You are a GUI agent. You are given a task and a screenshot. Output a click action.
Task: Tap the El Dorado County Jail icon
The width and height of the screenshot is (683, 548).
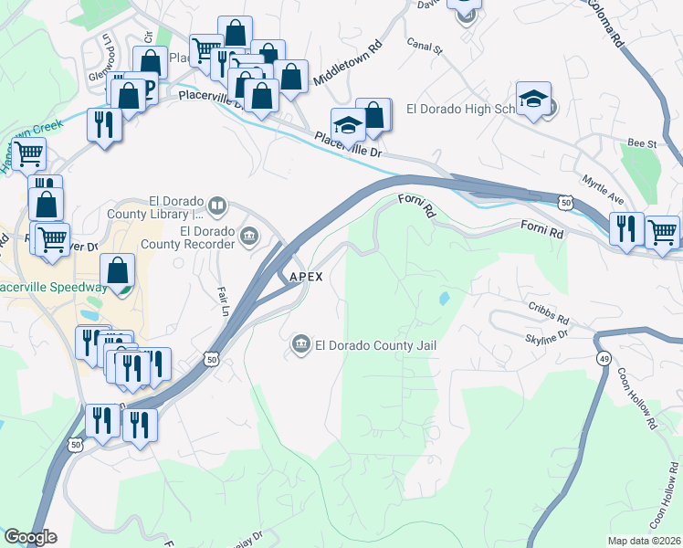coord(300,344)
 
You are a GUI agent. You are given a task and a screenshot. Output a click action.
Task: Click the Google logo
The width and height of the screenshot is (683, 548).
coord(31,537)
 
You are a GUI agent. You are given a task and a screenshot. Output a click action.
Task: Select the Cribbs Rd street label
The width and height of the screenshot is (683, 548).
coord(548,320)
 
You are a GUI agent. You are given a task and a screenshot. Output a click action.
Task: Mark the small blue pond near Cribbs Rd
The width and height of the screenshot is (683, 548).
coord(444,299)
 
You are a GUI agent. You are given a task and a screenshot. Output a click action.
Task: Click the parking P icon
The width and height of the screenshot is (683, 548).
coord(146,89)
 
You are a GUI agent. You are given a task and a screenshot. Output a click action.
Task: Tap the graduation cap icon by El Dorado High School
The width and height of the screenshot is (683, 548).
coord(533,100)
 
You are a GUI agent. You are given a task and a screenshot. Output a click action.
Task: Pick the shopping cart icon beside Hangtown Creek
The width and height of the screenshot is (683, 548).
coord(29,154)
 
